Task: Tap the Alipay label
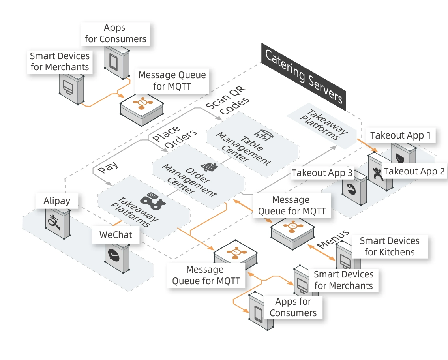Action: [x=57, y=201]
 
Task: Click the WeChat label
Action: [x=116, y=234]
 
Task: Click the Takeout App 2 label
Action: [x=414, y=171]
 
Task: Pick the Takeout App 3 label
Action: [x=322, y=173]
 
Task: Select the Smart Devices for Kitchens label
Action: [x=389, y=246]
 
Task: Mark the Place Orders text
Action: [x=174, y=137]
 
